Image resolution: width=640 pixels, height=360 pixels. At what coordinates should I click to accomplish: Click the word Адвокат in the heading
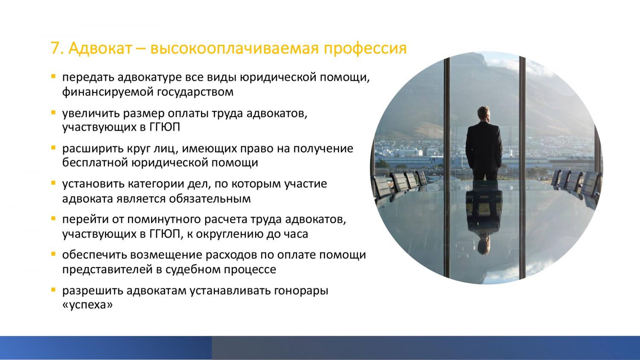[x=100, y=48]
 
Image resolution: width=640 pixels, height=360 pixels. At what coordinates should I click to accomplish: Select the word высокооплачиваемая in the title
[x=234, y=48]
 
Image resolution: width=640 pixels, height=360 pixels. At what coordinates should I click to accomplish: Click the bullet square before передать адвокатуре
[x=53, y=76]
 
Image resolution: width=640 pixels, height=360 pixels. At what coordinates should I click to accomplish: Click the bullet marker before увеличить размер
[x=53, y=112]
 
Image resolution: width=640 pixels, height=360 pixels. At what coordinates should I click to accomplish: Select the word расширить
[x=89, y=149]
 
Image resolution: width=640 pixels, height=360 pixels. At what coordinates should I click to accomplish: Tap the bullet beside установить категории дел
[x=53, y=183]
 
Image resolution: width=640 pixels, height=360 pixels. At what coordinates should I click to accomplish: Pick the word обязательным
[x=210, y=199]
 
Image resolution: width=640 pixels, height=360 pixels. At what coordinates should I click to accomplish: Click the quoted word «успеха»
[x=87, y=305]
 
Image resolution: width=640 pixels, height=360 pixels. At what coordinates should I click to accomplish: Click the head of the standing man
[x=483, y=114]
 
